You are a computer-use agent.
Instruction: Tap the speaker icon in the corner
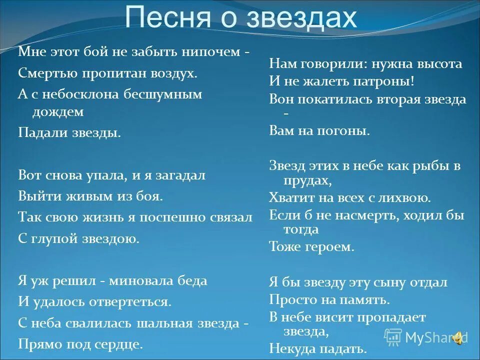[457, 338]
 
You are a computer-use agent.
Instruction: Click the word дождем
[58, 112]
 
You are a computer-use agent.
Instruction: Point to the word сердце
[121, 344]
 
